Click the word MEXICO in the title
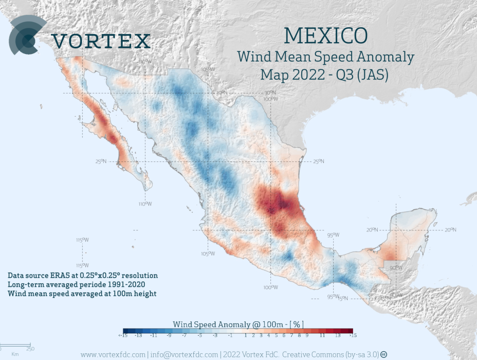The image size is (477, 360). pos(325,35)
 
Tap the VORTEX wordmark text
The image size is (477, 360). pos(101,41)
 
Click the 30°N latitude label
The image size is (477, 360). pos(221,93)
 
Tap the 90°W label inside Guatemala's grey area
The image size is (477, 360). pos(396,268)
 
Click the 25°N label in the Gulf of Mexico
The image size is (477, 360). pos(319,161)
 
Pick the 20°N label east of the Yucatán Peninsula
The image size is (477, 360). pos(450,230)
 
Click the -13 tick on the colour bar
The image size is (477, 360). pos(138,335)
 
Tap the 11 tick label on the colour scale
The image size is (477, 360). pos(322,335)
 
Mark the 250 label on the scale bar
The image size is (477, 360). pos(30,349)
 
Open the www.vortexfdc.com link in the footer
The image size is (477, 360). pos(113,354)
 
